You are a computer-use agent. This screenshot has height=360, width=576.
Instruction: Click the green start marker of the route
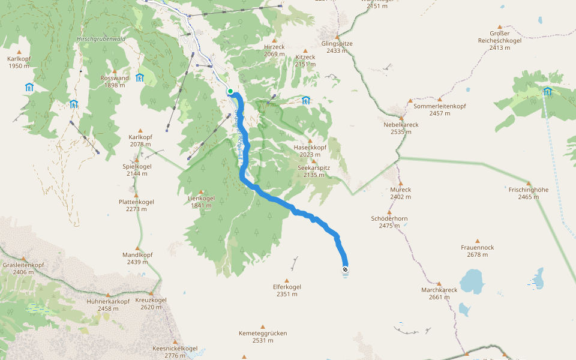pos(230,91)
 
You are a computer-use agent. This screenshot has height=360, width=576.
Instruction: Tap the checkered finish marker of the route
pos(345,269)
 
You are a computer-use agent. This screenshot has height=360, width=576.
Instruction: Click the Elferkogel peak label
pos(287,287)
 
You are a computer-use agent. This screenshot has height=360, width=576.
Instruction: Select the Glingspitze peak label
pos(337,44)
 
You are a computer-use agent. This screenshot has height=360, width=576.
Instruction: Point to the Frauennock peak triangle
pos(478,241)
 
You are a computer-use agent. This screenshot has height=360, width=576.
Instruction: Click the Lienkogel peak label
pos(201,198)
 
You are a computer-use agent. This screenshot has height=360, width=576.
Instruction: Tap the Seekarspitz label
pos(314,168)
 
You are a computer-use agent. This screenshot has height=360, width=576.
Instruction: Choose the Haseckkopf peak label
pos(310,147)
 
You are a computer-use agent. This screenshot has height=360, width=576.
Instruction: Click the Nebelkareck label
pos(401,125)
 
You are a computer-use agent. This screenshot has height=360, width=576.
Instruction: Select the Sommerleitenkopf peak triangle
pos(440,100)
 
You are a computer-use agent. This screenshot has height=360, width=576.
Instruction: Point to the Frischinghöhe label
pos(529,190)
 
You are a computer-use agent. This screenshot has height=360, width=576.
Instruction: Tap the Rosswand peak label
pos(115,78)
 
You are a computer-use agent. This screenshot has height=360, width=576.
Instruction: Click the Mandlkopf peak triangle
pos(137,248)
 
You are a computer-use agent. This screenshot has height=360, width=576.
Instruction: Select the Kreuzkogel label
pos(151,300)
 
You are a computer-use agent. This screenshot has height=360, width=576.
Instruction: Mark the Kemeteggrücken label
pos(263,333)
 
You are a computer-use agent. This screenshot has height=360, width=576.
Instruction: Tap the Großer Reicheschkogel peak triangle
pos(499,27)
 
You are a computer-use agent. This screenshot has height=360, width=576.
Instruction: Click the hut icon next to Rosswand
pos(140,77)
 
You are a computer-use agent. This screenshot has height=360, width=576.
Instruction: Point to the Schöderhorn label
pos(389,218)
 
